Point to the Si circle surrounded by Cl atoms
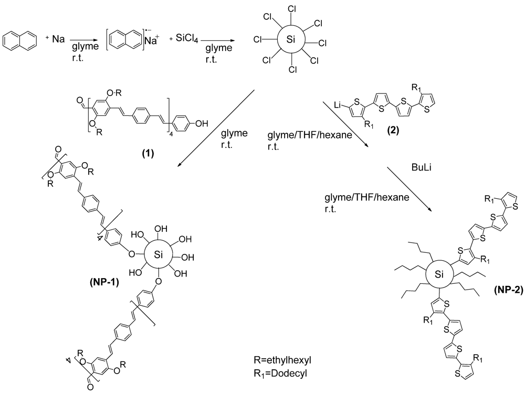pyautogui.click(x=290, y=40)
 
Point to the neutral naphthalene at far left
pyautogui.click(x=20, y=40)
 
